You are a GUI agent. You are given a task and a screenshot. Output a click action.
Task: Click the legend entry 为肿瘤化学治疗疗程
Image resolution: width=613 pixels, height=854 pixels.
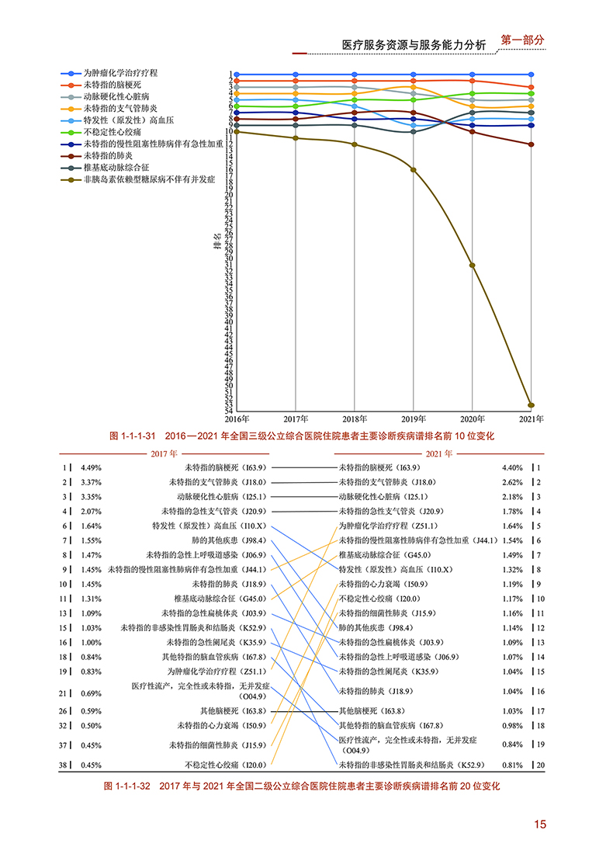120,72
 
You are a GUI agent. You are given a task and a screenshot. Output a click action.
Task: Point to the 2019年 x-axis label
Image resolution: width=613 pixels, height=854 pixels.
414,419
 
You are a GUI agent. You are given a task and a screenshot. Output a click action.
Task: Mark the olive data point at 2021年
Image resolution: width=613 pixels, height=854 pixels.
532,404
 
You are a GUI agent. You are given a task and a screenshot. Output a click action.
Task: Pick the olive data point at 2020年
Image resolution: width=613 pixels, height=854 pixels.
473,266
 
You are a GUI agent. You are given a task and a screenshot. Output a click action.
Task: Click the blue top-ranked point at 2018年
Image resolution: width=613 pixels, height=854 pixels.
355,75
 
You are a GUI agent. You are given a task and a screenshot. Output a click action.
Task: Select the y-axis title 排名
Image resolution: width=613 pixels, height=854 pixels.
217,240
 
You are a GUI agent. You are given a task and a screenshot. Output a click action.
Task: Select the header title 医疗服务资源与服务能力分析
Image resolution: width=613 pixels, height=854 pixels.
414,45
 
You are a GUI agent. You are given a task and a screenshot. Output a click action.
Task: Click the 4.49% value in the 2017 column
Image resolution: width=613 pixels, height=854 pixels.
92,468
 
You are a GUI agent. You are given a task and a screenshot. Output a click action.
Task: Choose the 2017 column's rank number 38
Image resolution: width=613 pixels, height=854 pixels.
64,765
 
